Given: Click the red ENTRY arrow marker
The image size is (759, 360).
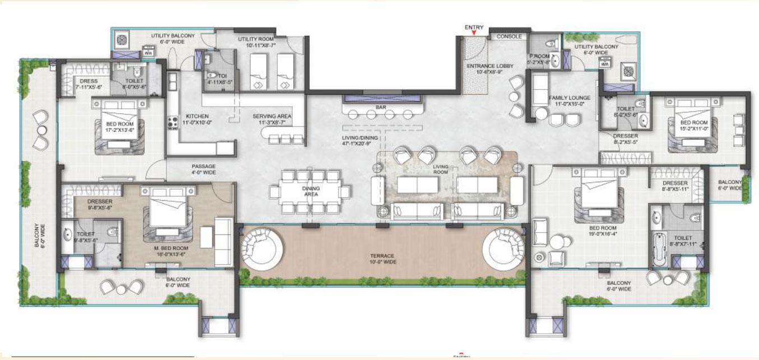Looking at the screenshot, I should pos(474,34).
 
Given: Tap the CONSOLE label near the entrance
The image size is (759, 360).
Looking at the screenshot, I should pos(510,36).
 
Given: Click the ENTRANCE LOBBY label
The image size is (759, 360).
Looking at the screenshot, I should pos(490,69).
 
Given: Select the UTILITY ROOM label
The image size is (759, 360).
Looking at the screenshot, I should pos(257,41).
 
